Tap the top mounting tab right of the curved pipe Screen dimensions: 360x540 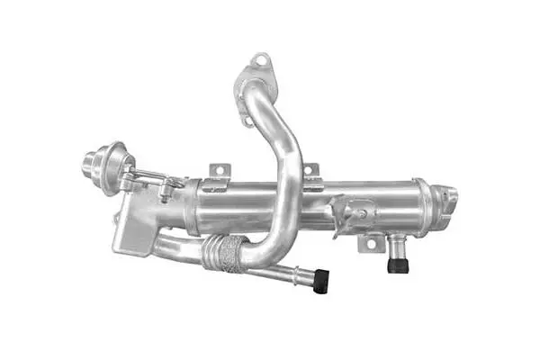tap(309, 171)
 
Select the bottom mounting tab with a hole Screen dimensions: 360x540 tap(367, 244)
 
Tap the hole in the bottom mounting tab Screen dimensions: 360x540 tap(366, 244)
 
